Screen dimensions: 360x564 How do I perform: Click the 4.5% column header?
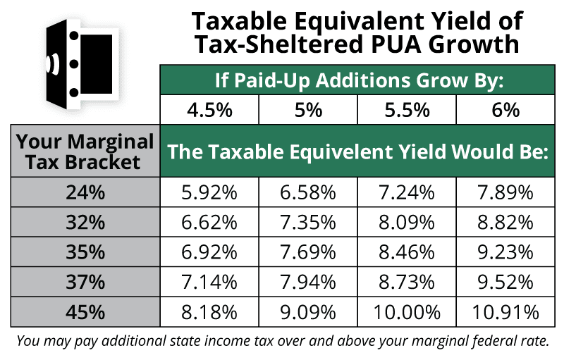pos(209,111)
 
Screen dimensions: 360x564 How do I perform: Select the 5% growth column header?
pos(309,111)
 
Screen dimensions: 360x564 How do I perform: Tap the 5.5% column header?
pos(407,111)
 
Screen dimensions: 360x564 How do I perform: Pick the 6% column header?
pos(506,111)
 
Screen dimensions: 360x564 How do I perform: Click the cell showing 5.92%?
pos(209,192)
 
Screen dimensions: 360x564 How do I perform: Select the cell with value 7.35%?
pos(309,223)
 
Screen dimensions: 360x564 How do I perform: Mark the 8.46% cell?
pos(407,252)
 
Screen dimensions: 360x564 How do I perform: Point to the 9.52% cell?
pos(506,282)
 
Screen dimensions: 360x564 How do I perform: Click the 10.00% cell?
pos(407,311)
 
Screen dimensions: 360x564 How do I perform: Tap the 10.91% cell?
pos(506,311)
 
